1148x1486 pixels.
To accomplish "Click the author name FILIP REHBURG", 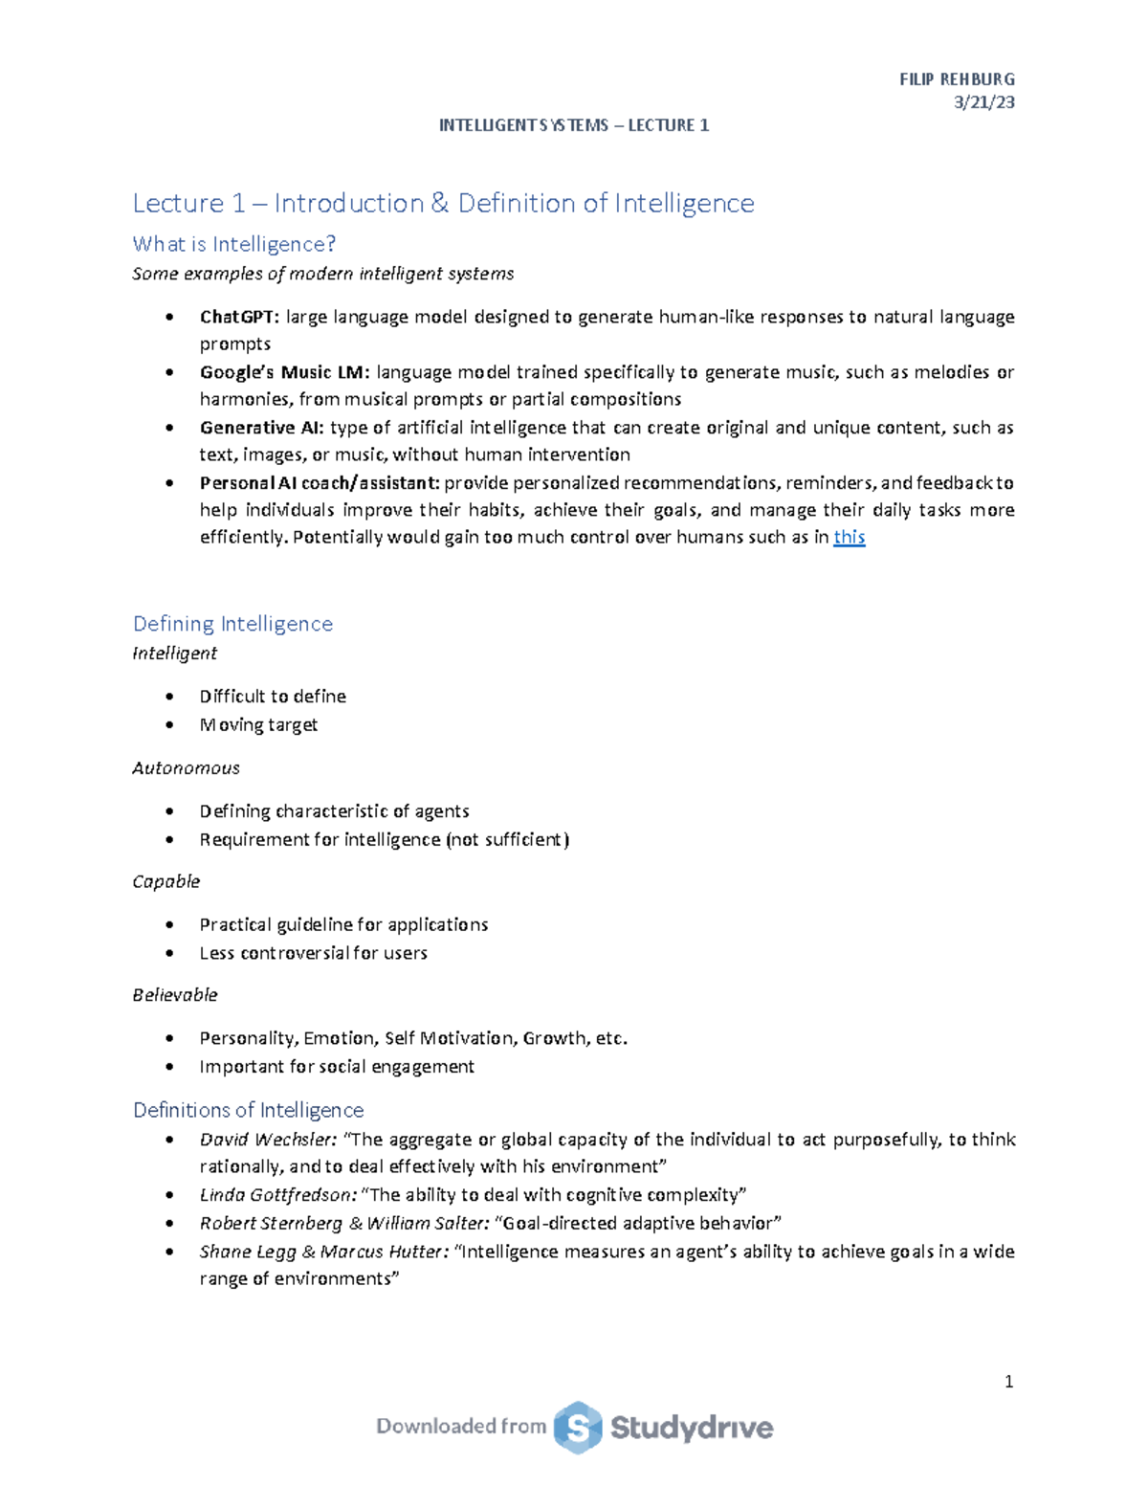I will pos(957,79).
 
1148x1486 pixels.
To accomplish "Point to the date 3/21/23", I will pos(984,102).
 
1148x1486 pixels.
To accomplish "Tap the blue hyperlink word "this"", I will pos(849,537).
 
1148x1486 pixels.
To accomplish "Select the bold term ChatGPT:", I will pos(239,317).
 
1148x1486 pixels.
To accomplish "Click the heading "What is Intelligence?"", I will pos(234,244).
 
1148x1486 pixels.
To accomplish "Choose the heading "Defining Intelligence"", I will pos(232,624).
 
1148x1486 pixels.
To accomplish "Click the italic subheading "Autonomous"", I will pos(186,768).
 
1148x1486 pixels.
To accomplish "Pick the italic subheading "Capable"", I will pos(166,881).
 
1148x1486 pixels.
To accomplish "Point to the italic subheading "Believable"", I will pos(174,995).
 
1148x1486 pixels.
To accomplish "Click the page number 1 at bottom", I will pos(1008,1382).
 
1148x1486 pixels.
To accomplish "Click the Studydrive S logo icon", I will pos(578,1428).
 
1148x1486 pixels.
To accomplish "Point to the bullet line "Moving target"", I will pos(258,725).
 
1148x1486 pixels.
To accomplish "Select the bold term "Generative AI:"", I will pos(261,428).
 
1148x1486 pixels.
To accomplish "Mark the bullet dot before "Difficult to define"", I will pos(169,697).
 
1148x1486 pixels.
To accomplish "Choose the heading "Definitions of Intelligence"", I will pos(248,1110).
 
